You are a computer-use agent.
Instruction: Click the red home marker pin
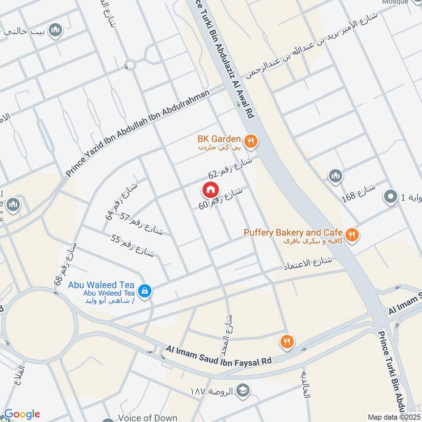pyautogui.click(x=210, y=189)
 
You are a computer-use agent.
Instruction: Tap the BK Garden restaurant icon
pyautogui.click(x=251, y=140)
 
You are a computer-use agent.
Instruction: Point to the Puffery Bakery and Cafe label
pyautogui.click(x=293, y=233)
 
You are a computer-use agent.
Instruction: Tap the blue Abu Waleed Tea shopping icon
pyautogui.click(x=143, y=290)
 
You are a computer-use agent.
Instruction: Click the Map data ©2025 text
pyautogui.click(x=394, y=417)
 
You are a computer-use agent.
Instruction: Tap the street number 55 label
pyautogui.click(x=132, y=245)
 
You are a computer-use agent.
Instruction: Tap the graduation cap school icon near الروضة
pyautogui.click(x=243, y=391)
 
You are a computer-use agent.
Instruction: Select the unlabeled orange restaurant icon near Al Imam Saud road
pyautogui.click(x=287, y=342)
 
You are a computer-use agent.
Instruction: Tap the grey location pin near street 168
pyautogui.click(x=390, y=197)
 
